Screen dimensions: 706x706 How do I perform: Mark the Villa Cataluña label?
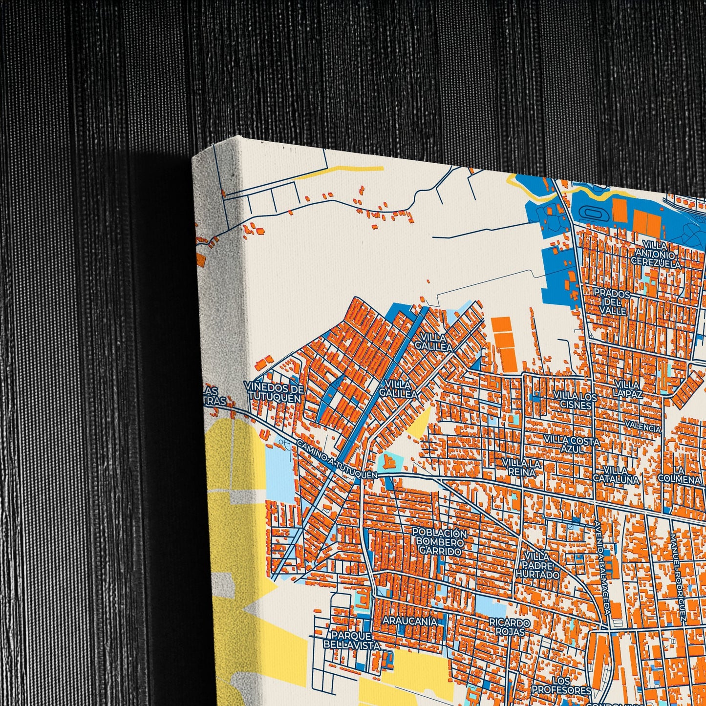616,475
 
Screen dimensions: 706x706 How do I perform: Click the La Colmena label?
679,475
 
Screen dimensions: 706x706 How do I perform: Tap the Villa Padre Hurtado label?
536,566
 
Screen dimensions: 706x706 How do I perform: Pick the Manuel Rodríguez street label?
679,577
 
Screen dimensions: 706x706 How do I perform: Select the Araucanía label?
409,620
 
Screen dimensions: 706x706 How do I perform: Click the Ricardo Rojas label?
510,627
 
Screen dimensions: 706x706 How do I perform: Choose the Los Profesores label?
561,685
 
